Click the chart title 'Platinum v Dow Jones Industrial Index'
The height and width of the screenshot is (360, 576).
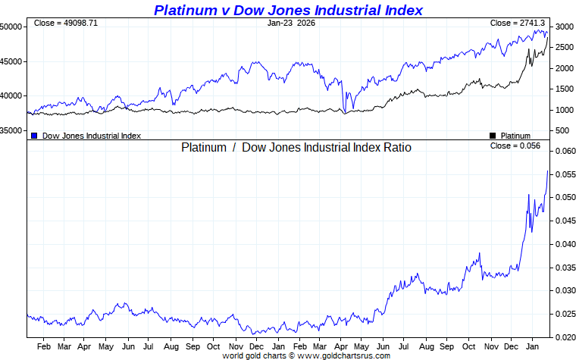[x=288, y=10]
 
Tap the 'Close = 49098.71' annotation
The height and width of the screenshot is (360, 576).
[x=66, y=23]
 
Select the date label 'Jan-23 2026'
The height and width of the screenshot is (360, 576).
[x=291, y=23]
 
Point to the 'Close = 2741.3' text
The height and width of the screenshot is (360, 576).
[x=518, y=23]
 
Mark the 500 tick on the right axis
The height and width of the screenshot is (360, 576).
[x=561, y=131]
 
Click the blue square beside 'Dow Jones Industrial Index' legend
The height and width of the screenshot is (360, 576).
[x=34, y=136]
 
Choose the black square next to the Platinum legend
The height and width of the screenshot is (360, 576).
[x=493, y=136]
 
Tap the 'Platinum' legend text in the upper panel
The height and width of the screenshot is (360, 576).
[x=516, y=136]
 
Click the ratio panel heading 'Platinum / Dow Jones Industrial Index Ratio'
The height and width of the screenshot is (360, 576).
[x=296, y=148]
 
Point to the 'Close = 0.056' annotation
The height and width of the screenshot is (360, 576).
[x=515, y=146]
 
